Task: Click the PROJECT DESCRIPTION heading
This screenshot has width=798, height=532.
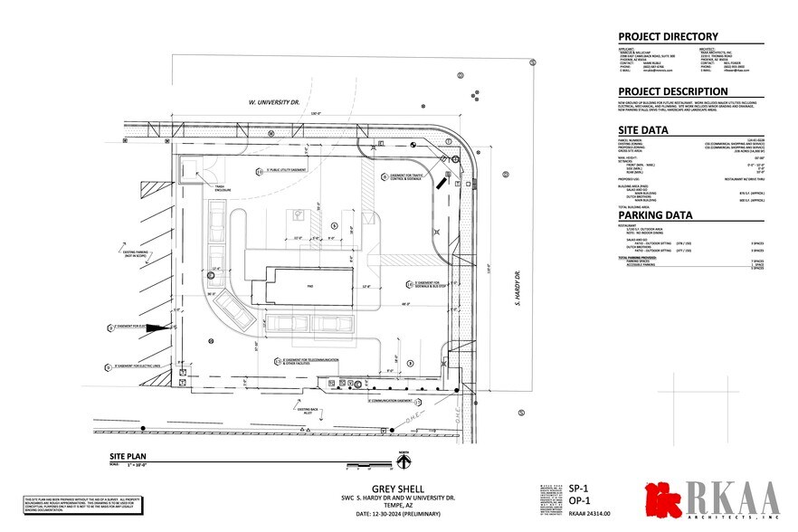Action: (672, 91)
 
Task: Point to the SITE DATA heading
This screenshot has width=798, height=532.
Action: (644, 129)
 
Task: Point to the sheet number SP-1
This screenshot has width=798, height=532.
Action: (579, 487)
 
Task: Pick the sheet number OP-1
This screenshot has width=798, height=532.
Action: (579, 499)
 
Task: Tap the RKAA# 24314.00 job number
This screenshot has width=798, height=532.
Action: (590, 513)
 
